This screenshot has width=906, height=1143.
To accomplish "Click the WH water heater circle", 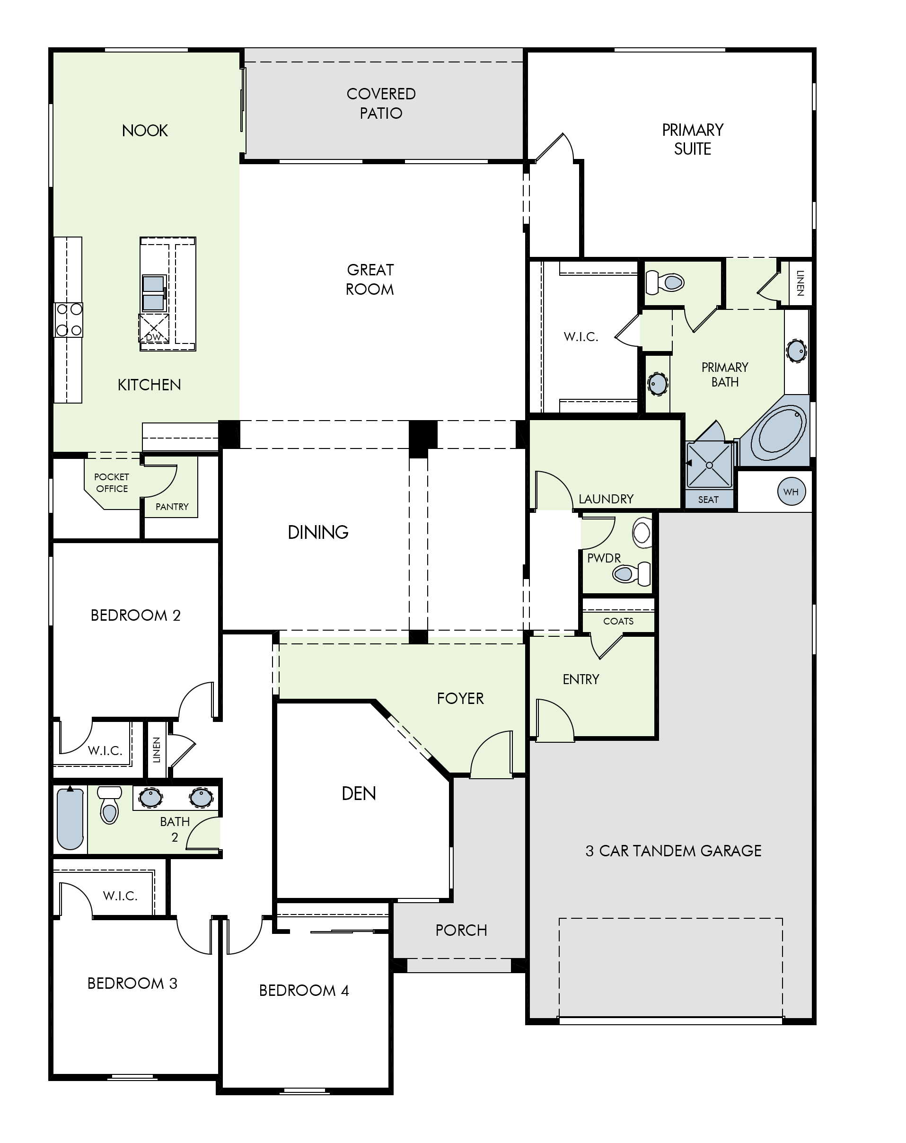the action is [791, 491].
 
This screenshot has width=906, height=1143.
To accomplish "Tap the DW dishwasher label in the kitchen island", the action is [153, 337].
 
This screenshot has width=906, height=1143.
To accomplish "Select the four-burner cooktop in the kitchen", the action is [69, 320].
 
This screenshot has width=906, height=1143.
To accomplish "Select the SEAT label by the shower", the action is [708, 500].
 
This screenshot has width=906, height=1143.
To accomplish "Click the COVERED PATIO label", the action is [381, 104].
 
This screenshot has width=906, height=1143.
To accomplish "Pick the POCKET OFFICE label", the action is [111, 483].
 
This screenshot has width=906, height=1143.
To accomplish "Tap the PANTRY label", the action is [172, 507].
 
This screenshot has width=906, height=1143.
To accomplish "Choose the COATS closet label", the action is [618, 621].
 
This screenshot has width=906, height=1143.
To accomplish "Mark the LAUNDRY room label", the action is [606, 499].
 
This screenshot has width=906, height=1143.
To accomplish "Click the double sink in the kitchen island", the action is [153, 293].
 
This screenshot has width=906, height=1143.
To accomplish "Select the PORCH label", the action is [461, 930].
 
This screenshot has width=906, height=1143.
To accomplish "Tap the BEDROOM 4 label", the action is [304, 990].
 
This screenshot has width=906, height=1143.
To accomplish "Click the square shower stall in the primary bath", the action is [709, 465].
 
